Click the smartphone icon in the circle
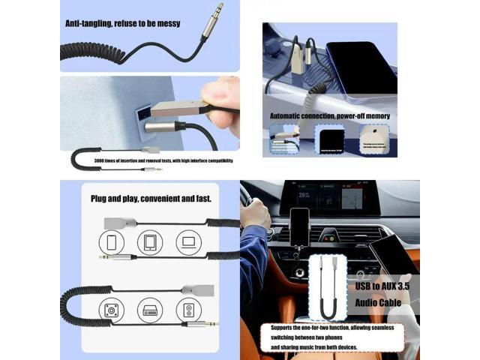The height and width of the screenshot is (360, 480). pyautogui.click(x=112, y=241)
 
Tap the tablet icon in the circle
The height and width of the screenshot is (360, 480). pyautogui.click(x=150, y=241)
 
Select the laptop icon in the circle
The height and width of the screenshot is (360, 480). pyautogui.click(x=188, y=241)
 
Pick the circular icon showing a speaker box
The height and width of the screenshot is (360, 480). pyautogui.click(x=188, y=309)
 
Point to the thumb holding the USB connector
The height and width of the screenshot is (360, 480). pyautogui.click(x=218, y=95)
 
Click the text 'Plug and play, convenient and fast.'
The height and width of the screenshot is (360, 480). pyautogui.click(x=151, y=199)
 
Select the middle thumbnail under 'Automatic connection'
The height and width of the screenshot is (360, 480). pyautogui.click(x=328, y=140)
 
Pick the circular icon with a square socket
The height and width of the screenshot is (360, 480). pyautogui.click(x=112, y=309)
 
